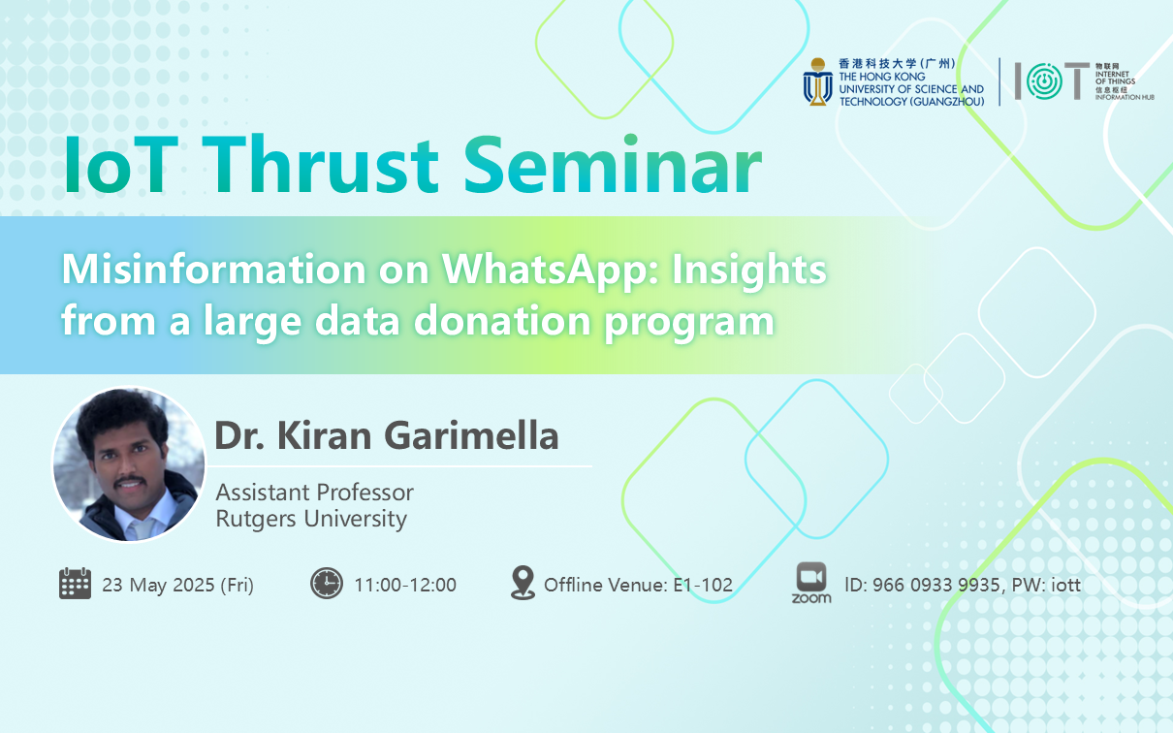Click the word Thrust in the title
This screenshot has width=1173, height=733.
(x=321, y=165)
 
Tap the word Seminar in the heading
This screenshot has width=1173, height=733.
(x=613, y=165)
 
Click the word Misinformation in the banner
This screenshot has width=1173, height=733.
(x=213, y=270)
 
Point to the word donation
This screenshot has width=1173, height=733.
(x=503, y=320)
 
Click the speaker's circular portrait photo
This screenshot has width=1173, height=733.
(x=129, y=464)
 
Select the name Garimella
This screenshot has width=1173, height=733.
(x=471, y=435)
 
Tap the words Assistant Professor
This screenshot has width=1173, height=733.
(x=315, y=493)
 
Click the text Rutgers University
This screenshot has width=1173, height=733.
(x=311, y=519)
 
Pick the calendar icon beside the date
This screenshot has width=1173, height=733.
(x=75, y=584)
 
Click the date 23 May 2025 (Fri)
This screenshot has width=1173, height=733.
(x=177, y=585)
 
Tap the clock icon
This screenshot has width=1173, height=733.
(x=327, y=584)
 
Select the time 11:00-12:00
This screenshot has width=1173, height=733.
(x=405, y=585)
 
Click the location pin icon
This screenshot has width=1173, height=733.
(x=523, y=582)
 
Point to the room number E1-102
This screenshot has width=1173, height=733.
(x=703, y=585)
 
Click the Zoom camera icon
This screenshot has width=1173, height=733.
(x=811, y=578)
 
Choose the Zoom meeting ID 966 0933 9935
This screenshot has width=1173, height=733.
(x=935, y=585)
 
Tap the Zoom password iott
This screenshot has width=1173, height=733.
(x=1065, y=585)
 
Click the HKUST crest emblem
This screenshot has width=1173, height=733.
(x=818, y=81)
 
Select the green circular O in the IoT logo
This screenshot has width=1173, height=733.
(x=1044, y=81)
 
